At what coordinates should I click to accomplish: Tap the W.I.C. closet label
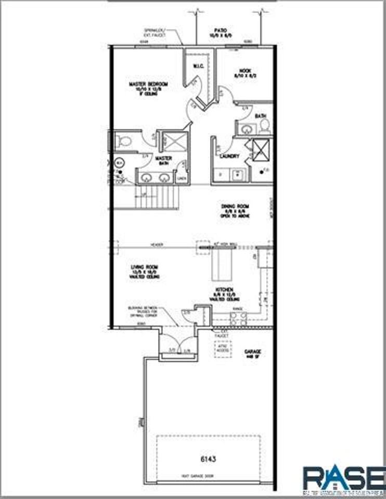198,65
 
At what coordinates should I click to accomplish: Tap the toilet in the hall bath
264,125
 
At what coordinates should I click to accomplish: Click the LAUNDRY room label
229,156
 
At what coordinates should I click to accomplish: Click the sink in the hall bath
245,128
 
